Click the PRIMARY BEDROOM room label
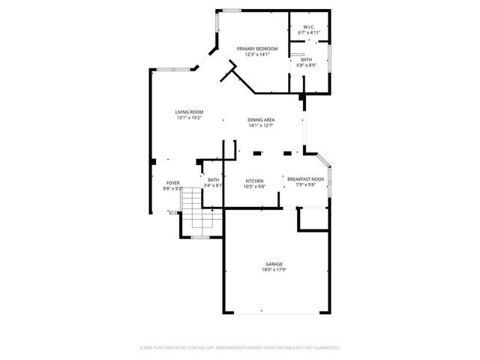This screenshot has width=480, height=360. pyautogui.click(x=257, y=49)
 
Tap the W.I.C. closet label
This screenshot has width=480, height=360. pyautogui.click(x=309, y=27)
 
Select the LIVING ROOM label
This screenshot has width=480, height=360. pyautogui.click(x=189, y=112)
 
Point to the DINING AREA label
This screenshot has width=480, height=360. pyautogui.click(x=262, y=120)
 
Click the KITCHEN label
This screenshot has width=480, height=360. pyautogui.click(x=255, y=181)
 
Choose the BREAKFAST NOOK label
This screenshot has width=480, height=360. pyautogui.click(x=304, y=178)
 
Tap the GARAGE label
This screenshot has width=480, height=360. pyautogui.click(x=273, y=264)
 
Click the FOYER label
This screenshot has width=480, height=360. pyautogui.click(x=173, y=183)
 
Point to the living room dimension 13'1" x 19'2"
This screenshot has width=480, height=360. pyautogui.click(x=189, y=118)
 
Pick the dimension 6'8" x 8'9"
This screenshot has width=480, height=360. pyautogui.click(x=307, y=65)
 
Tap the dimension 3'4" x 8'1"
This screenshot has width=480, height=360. pyautogui.click(x=214, y=186)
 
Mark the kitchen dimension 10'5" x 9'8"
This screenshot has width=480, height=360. pyautogui.click(x=255, y=187)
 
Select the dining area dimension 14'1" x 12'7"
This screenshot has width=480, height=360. pyautogui.click(x=262, y=126)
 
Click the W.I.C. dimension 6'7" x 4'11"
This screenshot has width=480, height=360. pyautogui.click(x=309, y=33)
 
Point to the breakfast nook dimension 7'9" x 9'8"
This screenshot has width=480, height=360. pyautogui.click(x=304, y=184)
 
